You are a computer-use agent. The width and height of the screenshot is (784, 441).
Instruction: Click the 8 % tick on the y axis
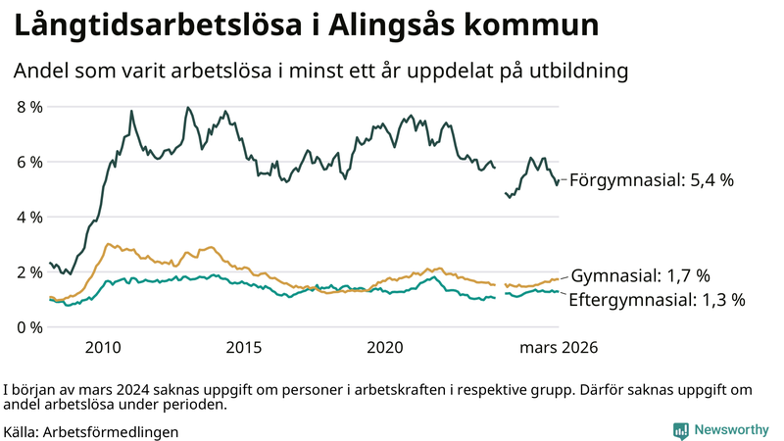pyautogui.click(x=28, y=107)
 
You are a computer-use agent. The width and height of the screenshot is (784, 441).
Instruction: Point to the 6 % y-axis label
pyautogui.click(x=28, y=162)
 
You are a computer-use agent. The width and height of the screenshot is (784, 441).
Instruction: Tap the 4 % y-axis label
pyautogui.click(x=28, y=217)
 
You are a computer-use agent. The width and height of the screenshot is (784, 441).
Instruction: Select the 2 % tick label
pyautogui.click(x=28, y=271)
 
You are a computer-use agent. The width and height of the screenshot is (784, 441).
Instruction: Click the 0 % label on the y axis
pyautogui.click(x=28, y=326)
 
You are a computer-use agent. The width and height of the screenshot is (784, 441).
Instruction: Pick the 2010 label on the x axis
pyautogui.click(x=103, y=348)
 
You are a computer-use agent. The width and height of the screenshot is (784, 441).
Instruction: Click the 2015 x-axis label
pyautogui.click(x=244, y=348)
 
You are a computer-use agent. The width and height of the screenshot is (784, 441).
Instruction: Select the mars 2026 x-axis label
pyautogui.click(x=559, y=348)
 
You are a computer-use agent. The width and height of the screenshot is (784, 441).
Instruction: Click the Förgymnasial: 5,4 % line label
pyautogui.click(x=651, y=180)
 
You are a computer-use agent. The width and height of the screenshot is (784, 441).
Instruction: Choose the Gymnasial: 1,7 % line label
pyautogui.click(x=640, y=275)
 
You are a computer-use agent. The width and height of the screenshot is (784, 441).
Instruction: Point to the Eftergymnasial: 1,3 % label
pyautogui.click(x=657, y=300)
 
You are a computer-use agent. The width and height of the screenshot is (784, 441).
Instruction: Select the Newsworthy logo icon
pyautogui.click(x=680, y=430)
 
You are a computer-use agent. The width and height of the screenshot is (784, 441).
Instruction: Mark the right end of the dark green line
pyautogui.click(x=559, y=180)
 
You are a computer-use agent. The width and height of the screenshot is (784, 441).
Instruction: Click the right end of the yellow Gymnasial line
pyautogui.click(x=559, y=279)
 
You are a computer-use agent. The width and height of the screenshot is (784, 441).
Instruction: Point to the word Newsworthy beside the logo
pyautogui.click(x=732, y=430)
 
